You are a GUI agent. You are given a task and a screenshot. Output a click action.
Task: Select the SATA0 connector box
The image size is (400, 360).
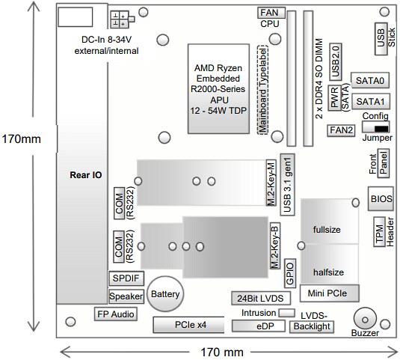[x=370, y=80]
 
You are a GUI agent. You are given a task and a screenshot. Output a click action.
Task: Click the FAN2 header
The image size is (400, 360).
[x=341, y=129]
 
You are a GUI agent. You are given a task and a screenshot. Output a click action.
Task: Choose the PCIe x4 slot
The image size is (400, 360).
[x=179, y=325]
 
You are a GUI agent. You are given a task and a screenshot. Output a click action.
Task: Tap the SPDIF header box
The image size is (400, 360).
[x=124, y=278]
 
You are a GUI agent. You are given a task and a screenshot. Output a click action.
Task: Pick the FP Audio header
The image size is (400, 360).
[x=114, y=314]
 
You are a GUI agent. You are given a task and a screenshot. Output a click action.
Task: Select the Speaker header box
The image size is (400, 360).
[x=125, y=296]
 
